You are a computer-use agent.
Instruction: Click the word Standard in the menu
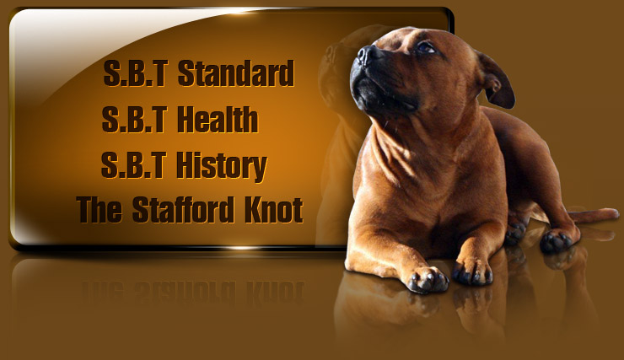[235, 73]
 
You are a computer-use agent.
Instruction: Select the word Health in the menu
[218, 120]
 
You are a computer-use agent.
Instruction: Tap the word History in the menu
[221, 166]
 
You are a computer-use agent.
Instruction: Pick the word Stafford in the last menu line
[183, 209]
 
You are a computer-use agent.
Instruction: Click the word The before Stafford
[100, 209]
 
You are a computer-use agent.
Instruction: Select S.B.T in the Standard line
[135, 73]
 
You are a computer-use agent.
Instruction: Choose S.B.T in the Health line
[134, 120]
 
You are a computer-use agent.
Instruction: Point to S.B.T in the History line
[133, 165]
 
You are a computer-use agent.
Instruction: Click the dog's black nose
[366, 55]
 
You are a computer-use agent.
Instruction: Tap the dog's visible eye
[426, 48]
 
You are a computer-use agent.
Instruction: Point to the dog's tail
[593, 215]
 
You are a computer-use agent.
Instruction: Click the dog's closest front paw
[427, 279]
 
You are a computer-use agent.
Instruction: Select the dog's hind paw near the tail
[557, 240]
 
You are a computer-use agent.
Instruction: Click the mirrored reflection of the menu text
[192, 293]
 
